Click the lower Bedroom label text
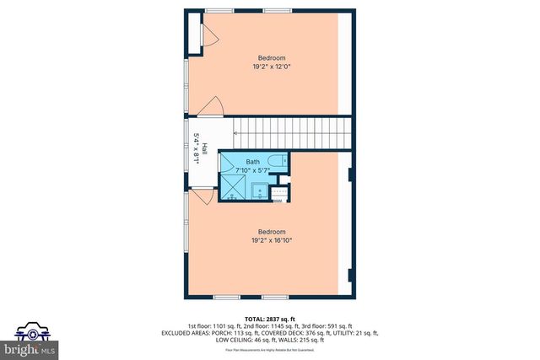pyautogui.click(x=272, y=232)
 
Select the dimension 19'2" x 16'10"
pyautogui.click(x=272, y=240)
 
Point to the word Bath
pyautogui.click(x=253, y=162)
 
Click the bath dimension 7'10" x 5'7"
pyautogui.click(x=254, y=170)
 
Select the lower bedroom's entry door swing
pyautogui.click(x=202, y=197)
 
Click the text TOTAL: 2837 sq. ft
pyautogui.click(x=271, y=318)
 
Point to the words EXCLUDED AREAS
pyautogui.click(x=187, y=333)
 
